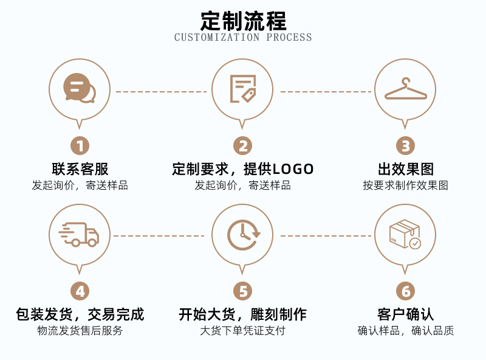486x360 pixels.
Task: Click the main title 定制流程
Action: pos(243,21)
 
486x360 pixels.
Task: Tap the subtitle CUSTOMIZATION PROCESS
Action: pos(243,37)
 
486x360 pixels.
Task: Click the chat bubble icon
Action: pos(80,89)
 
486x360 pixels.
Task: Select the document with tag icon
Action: pos(242,89)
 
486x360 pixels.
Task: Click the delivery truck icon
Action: pos(80,234)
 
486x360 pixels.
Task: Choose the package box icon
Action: pos(405,234)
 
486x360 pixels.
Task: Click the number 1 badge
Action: pos(80,146)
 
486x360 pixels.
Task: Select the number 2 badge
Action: pos(242,146)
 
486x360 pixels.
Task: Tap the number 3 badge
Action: pos(405,146)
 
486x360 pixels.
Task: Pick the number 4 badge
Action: pos(80,291)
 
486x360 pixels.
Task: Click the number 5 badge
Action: pos(242,291)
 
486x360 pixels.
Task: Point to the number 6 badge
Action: pos(405,291)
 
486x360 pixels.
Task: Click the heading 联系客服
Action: pos(80,169)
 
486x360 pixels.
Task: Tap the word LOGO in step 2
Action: pos(293,169)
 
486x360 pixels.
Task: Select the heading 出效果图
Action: pos(405,169)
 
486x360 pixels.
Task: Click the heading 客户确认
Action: pos(405,314)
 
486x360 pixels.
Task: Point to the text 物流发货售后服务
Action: pos(80,331)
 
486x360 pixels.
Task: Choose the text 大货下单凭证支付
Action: pos(242,331)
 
